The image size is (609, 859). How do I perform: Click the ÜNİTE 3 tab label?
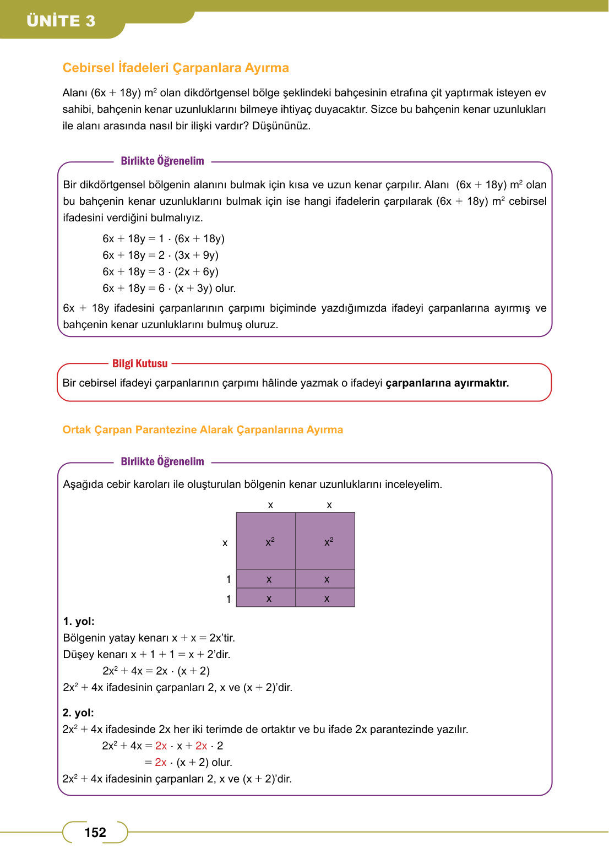(x=61, y=21)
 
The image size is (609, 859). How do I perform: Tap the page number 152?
(x=95, y=833)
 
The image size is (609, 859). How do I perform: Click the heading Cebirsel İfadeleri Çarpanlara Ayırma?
(x=176, y=68)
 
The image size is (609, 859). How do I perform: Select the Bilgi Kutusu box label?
(x=140, y=363)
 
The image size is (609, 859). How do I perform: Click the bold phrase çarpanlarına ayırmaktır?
(x=447, y=383)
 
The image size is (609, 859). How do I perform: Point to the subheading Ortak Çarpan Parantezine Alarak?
(x=203, y=430)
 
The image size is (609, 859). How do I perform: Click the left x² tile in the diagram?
(x=266, y=541)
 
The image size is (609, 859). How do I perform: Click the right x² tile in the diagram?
(x=325, y=541)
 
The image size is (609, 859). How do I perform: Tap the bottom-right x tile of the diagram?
(x=325, y=598)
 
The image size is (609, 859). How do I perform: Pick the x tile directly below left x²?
(x=266, y=579)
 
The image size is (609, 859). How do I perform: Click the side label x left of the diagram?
(x=225, y=543)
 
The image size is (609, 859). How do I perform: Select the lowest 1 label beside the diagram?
(x=229, y=599)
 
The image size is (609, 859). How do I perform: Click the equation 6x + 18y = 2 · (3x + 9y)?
(x=160, y=255)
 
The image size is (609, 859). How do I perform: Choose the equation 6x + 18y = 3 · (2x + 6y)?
(x=160, y=271)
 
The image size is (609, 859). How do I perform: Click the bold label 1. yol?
(x=79, y=621)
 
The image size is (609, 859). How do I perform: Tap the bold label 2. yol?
(x=78, y=713)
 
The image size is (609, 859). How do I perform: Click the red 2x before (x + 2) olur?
(x=161, y=762)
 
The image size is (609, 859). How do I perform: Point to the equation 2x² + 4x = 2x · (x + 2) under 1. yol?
(x=156, y=671)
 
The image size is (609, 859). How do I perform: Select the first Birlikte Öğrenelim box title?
(x=162, y=161)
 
